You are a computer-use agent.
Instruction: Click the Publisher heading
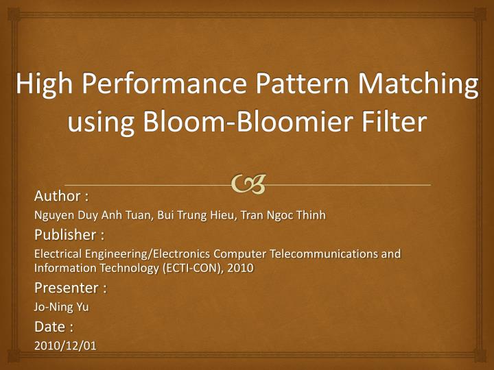click(x=69, y=236)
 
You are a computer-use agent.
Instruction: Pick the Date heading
click(x=54, y=327)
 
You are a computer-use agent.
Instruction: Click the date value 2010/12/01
click(x=65, y=346)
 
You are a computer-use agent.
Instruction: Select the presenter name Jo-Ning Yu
click(x=61, y=308)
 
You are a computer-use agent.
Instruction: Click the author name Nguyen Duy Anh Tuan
click(x=93, y=215)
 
